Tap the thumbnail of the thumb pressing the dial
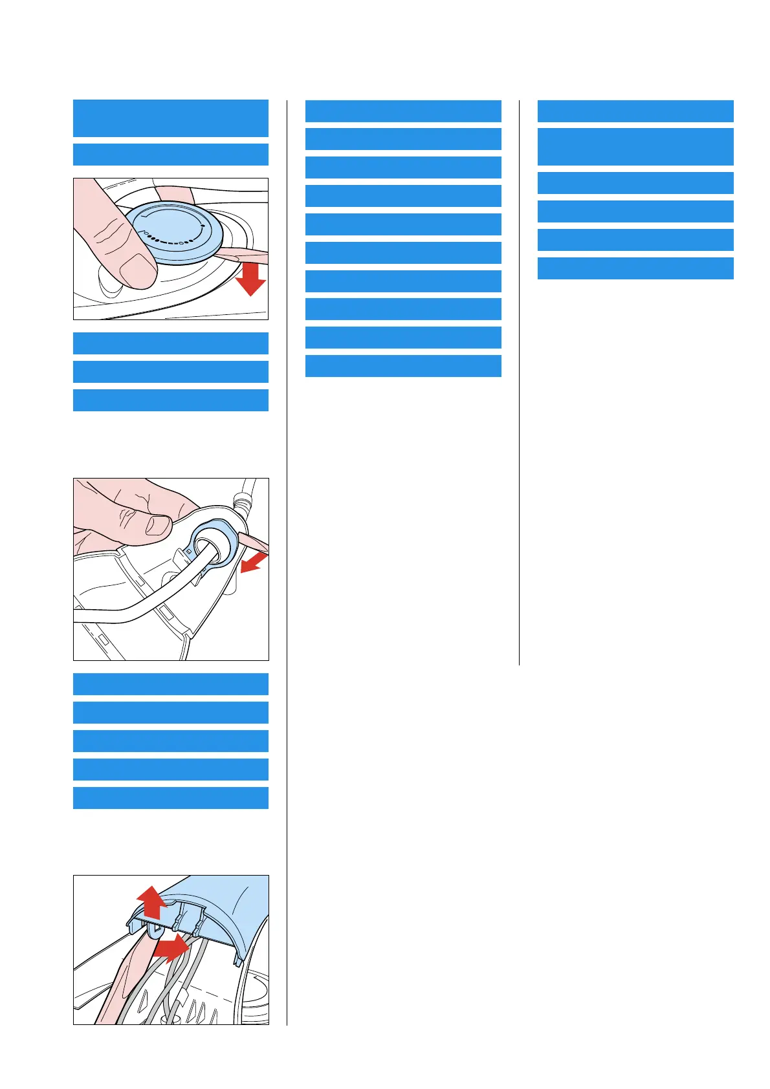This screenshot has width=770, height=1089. tap(138, 270)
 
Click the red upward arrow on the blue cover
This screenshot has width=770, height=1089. tap(151, 903)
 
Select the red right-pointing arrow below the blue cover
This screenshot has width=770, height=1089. tap(171, 948)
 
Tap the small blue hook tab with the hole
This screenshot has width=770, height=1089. tap(156, 930)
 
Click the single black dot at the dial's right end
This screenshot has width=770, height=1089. tap(203, 226)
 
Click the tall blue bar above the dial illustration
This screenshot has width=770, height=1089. tap(171, 118)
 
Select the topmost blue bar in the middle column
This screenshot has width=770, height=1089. tap(403, 111)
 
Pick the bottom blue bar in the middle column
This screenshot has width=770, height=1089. tap(403, 365)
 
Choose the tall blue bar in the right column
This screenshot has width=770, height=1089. tap(635, 147)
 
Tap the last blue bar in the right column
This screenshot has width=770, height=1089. tap(635, 268)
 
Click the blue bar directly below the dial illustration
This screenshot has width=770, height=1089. tap(171, 343)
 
